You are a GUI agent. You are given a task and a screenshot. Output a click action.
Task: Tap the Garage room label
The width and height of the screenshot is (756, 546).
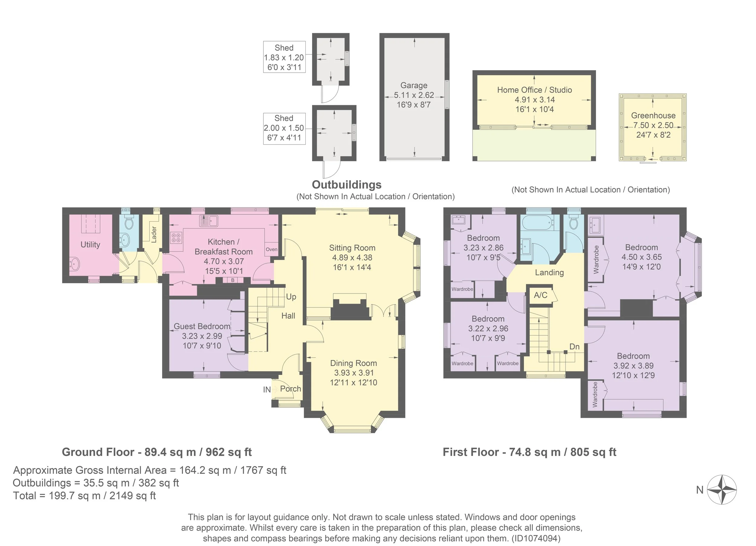coord(414,85)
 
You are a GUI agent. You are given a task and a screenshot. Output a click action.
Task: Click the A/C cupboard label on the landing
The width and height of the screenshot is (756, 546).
coord(541,295)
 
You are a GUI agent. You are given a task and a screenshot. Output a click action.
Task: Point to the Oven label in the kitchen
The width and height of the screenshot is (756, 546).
coord(271,249)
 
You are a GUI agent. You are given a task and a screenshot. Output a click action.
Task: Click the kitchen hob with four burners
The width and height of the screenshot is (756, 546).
coord(176,237)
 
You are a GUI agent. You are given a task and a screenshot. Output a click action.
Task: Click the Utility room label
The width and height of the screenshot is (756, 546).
coord(90,245)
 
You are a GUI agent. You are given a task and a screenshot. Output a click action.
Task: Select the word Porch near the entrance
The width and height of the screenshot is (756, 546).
coord(290,389)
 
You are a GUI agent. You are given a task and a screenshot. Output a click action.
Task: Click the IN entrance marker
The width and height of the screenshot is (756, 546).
coord(267,390)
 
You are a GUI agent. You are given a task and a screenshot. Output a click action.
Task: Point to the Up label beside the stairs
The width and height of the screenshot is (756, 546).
coord(291,297)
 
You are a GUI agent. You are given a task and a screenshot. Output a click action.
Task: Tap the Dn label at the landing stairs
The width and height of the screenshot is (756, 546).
coord(574,347)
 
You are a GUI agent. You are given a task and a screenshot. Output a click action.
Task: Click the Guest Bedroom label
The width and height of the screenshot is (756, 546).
coord(202,326)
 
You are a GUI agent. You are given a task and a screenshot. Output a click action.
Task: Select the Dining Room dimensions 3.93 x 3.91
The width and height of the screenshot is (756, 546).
coord(354,373)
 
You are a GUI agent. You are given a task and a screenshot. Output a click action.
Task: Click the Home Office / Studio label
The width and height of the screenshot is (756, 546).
coord(534,90)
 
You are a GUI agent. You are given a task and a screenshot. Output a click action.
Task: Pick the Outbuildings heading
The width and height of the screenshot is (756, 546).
coord(347,185)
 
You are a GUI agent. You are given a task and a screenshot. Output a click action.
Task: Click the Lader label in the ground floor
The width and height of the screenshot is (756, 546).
coord(154,234)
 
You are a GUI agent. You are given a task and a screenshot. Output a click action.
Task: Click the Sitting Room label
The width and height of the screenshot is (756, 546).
coord(352,248)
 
